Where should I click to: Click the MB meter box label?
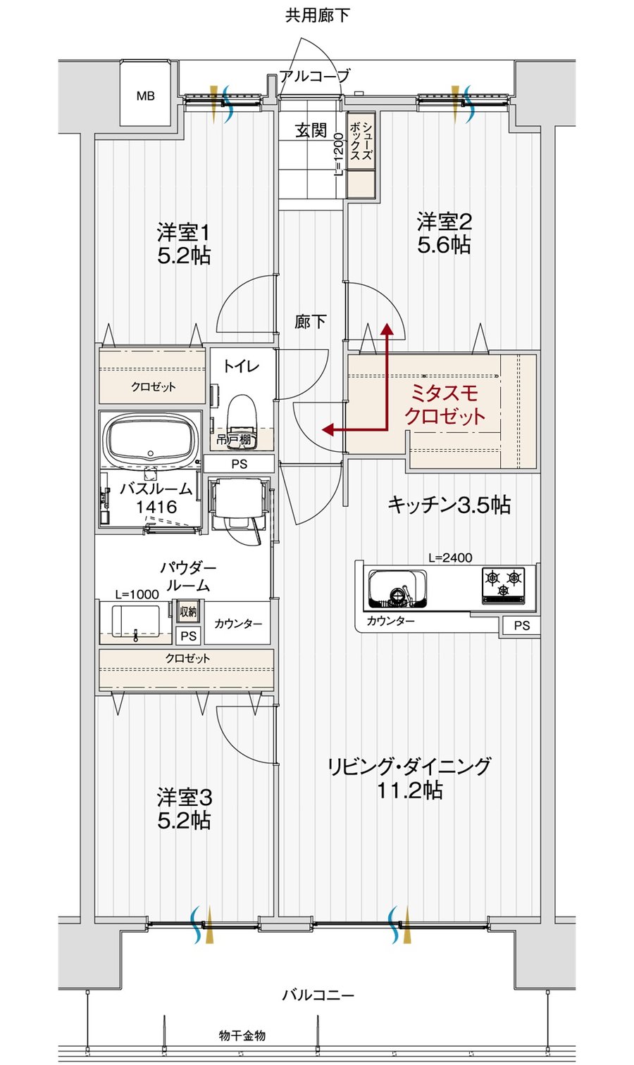click(146, 96)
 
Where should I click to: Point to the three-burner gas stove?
click(504, 585)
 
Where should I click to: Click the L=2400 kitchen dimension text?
click(450, 557)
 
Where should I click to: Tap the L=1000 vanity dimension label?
click(137, 594)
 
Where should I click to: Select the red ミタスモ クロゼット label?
click(445, 405)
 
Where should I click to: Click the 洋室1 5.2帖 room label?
click(184, 244)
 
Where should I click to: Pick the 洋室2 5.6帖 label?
click(445, 233)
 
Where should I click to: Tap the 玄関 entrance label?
click(311, 130)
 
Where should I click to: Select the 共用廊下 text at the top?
click(318, 15)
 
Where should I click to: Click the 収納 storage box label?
click(189, 612)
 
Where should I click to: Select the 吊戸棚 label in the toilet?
click(233, 440)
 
